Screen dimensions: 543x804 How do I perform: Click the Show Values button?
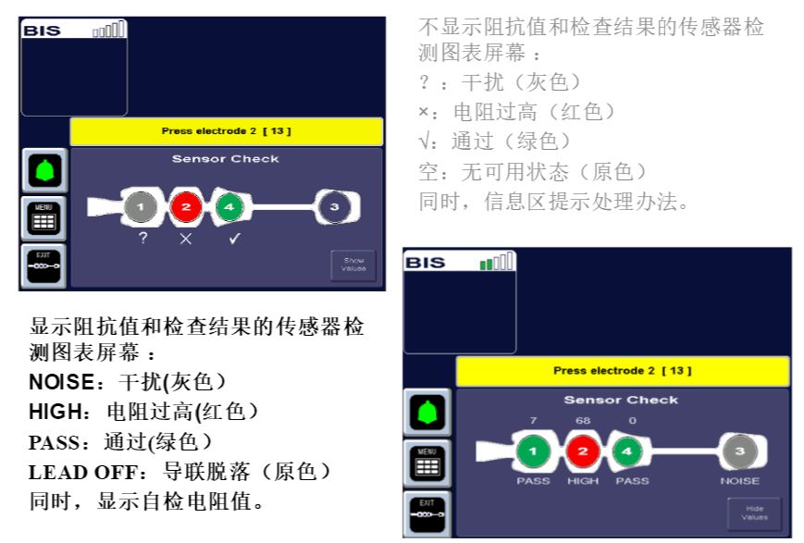(353, 264)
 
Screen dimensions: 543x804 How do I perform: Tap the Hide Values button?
(753, 512)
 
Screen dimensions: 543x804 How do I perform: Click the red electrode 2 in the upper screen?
(184, 207)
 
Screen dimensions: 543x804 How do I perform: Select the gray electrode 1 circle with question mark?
(140, 207)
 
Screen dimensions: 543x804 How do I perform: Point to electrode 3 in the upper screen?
(334, 207)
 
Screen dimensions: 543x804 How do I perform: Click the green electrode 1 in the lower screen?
(533, 450)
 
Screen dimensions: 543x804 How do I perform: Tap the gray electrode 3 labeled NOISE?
(738, 450)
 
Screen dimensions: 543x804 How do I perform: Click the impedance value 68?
(582, 422)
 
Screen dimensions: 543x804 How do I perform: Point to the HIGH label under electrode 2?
(583, 480)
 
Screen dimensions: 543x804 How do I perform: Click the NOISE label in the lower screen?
(739, 480)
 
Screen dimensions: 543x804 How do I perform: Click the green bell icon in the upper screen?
(44, 169)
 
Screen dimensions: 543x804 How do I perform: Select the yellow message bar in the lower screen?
(622, 371)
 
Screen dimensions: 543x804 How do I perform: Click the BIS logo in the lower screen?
(427, 263)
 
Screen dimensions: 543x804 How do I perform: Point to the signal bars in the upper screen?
(109, 30)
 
